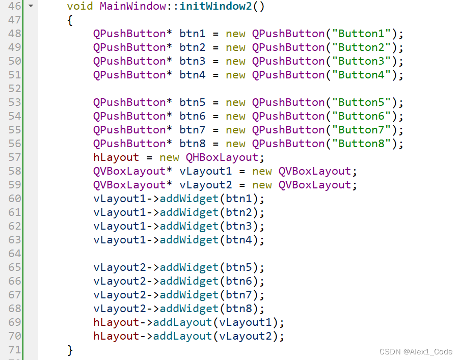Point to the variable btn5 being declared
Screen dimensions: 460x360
(x=193, y=102)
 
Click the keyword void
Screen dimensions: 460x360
(x=80, y=7)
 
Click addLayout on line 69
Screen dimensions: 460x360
(x=182, y=322)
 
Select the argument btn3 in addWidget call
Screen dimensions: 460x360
(x=239, y=226)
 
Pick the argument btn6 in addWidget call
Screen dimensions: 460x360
(x=239, y=281)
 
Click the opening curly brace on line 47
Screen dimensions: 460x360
(x=70, y=20)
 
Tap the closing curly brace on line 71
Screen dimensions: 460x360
(x=70, y=350)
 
